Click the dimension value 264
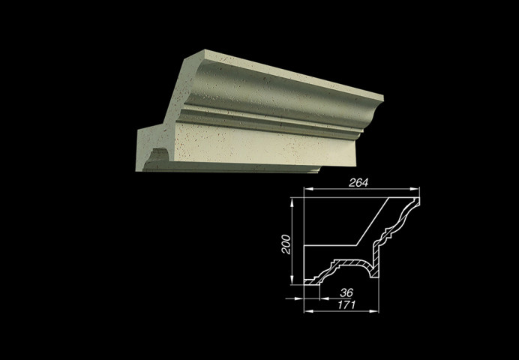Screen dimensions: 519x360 coord(358,183)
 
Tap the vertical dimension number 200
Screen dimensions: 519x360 coord(286,244)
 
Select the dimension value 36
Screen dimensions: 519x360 coord(346,292)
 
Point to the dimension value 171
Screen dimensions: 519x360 coord(346,304)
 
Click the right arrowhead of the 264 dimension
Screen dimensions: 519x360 coord(415,189)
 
